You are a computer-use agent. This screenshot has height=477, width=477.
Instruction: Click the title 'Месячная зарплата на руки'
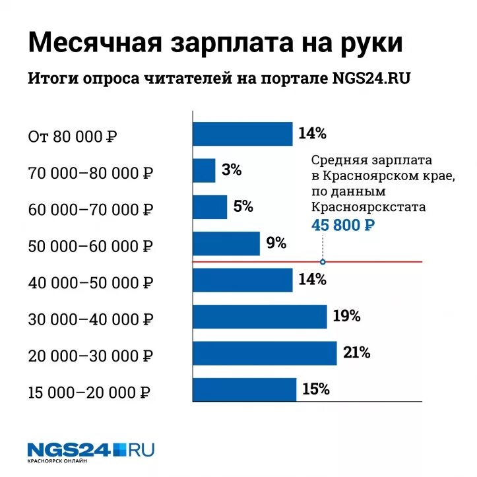215,44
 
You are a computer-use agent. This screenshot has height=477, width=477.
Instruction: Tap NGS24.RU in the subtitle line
373,79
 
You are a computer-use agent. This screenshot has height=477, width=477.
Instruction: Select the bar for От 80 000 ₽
242,134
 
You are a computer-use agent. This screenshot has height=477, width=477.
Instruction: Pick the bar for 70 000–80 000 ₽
204,170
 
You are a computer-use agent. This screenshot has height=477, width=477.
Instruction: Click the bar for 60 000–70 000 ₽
210,207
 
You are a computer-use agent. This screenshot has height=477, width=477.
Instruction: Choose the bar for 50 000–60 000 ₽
226,243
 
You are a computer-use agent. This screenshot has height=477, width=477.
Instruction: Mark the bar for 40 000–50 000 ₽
242,280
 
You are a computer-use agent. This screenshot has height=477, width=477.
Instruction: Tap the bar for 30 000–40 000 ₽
259,316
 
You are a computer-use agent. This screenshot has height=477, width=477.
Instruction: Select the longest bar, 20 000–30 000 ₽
265,353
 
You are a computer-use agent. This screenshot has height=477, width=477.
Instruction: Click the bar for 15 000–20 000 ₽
244,389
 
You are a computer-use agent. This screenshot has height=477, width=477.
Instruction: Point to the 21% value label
356,353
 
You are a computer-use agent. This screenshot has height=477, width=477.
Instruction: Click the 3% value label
232,170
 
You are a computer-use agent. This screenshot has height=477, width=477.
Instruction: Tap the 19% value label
346,316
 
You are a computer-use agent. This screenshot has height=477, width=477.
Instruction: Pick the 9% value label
276,243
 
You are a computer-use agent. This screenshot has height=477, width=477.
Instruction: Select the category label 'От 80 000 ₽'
73,137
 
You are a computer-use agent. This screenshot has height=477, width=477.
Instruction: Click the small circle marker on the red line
323,262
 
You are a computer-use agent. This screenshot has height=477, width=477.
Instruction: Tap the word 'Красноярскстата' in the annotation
369,207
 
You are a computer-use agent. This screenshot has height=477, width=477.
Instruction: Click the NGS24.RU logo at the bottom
91,451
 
